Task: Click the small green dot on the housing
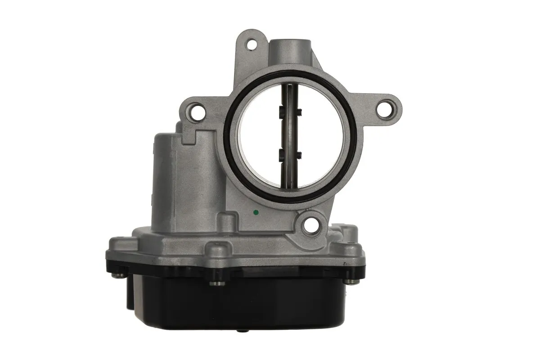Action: pyautogui.click(x=256, y=212)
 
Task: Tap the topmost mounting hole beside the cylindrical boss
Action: pyautogui.click(x=252, y=45)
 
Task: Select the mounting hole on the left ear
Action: pyautogui.click(x=196, y=112)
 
